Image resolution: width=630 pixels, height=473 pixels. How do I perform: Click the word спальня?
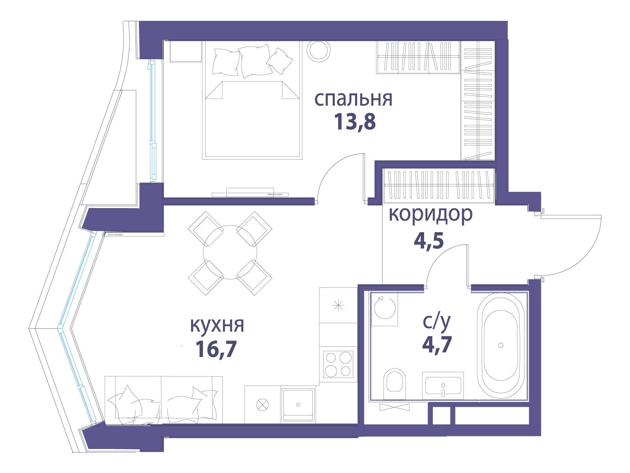(353, 99)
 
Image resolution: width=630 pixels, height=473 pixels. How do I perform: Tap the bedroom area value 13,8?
(355, 122)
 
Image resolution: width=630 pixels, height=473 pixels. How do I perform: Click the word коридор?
(430, 214)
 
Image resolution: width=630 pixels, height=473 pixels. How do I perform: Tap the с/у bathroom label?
(437, 322)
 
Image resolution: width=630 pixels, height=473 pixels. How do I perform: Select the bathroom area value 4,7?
(437, 344)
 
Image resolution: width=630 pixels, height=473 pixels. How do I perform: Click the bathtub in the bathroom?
(500, 345)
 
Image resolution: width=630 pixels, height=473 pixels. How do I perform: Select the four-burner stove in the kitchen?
(338, 365)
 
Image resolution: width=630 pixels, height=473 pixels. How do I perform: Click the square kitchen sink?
(298, 404)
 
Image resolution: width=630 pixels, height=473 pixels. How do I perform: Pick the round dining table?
(230, 252)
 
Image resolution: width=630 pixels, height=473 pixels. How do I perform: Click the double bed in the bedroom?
(252, 100)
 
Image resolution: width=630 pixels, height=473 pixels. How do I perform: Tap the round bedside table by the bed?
(319, 50)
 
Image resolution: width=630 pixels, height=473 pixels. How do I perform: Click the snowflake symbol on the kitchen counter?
(338, 305)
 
